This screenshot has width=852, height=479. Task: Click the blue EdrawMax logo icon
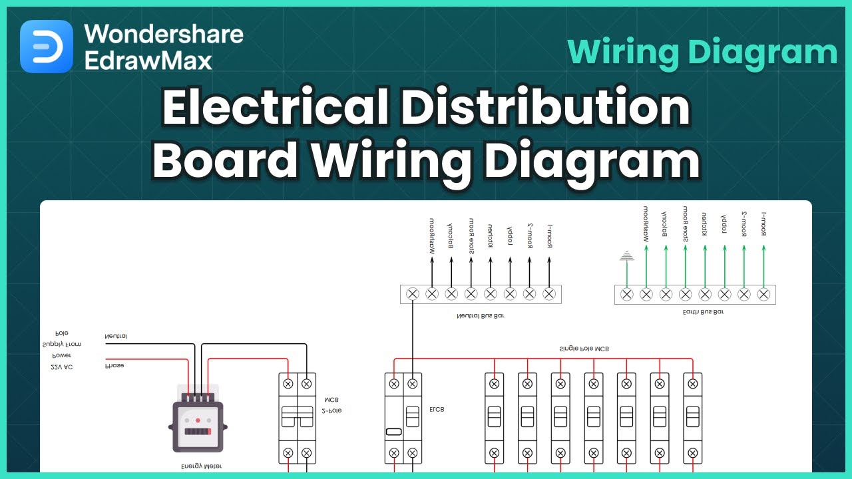[47, 47]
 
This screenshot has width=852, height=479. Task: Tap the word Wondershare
[164, 34]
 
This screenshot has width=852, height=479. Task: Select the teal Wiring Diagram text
[702, 52]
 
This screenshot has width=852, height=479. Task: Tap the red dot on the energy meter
[198, 420]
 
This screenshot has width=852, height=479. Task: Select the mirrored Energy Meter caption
[201, 466]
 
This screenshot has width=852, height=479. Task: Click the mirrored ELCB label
[437, 410]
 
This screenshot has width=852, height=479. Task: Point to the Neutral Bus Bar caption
[481, 316]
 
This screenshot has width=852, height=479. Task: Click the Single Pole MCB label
[583, 349]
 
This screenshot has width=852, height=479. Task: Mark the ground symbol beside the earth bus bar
[626, 255]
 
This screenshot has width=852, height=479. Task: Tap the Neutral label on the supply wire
[116, 337]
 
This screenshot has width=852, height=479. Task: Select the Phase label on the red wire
[114, 365]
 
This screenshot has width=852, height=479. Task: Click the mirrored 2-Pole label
[331, 411]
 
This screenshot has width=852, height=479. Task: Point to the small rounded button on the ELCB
[393, 432]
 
